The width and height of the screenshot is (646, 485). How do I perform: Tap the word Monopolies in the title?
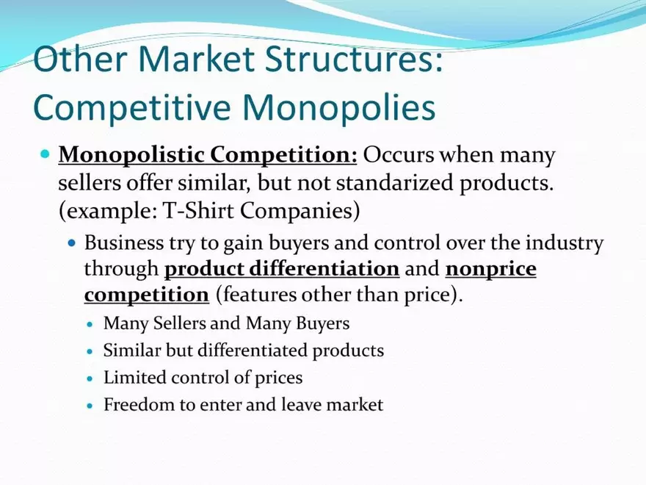[x=339, y=107]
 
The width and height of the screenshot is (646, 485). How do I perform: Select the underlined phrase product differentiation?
[x=282, y=269]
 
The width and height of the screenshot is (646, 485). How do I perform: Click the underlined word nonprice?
[x=491, y=269]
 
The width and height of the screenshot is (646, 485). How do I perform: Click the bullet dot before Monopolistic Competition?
[x=45, y=156]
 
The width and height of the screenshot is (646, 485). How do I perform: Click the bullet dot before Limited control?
[x=90, y=378]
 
